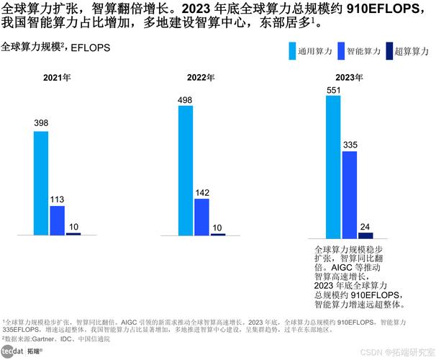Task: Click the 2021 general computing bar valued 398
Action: [x=41, y=183]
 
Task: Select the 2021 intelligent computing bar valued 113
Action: [x=57, y=220]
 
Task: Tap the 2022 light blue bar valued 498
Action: [x=185, y=170]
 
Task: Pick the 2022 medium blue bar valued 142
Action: [x=201, y=217]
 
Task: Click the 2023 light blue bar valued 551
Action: [x=333, y=166]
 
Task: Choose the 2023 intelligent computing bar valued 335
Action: [x=350, y=194]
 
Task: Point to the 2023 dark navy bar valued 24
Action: [x=365, y=235]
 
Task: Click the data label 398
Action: [x=41, y=124]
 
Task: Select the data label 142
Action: [x=201, y=192]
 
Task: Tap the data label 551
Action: [x=333, y=89]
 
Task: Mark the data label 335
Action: [x=350, y=145]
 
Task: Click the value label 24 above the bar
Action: [x=365, y=226]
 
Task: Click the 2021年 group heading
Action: [x=57, y=77]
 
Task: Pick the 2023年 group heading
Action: [x=349, y=77]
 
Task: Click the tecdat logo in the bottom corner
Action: [x=13, y=351]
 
